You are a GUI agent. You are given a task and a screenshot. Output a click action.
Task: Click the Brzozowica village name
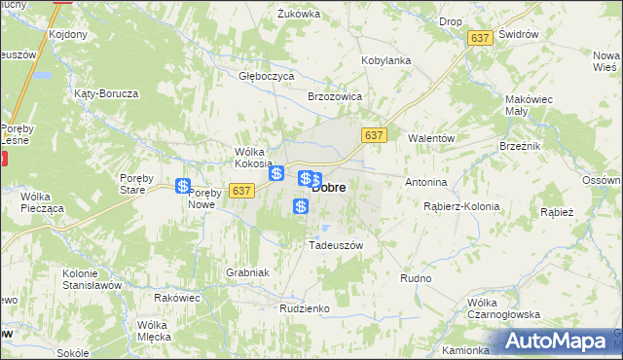335,97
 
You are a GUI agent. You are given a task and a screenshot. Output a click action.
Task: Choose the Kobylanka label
386,60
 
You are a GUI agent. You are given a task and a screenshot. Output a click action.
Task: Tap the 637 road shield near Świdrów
479,37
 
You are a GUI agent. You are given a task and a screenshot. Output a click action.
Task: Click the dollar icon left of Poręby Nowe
183,186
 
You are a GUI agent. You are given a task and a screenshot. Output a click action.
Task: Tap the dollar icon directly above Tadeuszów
302,205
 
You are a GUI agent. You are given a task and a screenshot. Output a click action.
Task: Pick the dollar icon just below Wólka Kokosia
277,173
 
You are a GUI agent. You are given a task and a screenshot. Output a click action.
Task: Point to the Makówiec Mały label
530,105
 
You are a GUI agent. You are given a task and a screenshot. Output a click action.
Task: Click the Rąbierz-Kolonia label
461,206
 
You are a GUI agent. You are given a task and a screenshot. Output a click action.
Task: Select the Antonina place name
425,182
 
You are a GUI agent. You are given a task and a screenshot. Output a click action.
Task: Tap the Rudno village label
416,278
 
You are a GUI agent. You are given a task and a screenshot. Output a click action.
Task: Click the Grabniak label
247,272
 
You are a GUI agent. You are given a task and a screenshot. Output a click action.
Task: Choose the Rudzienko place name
305,308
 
